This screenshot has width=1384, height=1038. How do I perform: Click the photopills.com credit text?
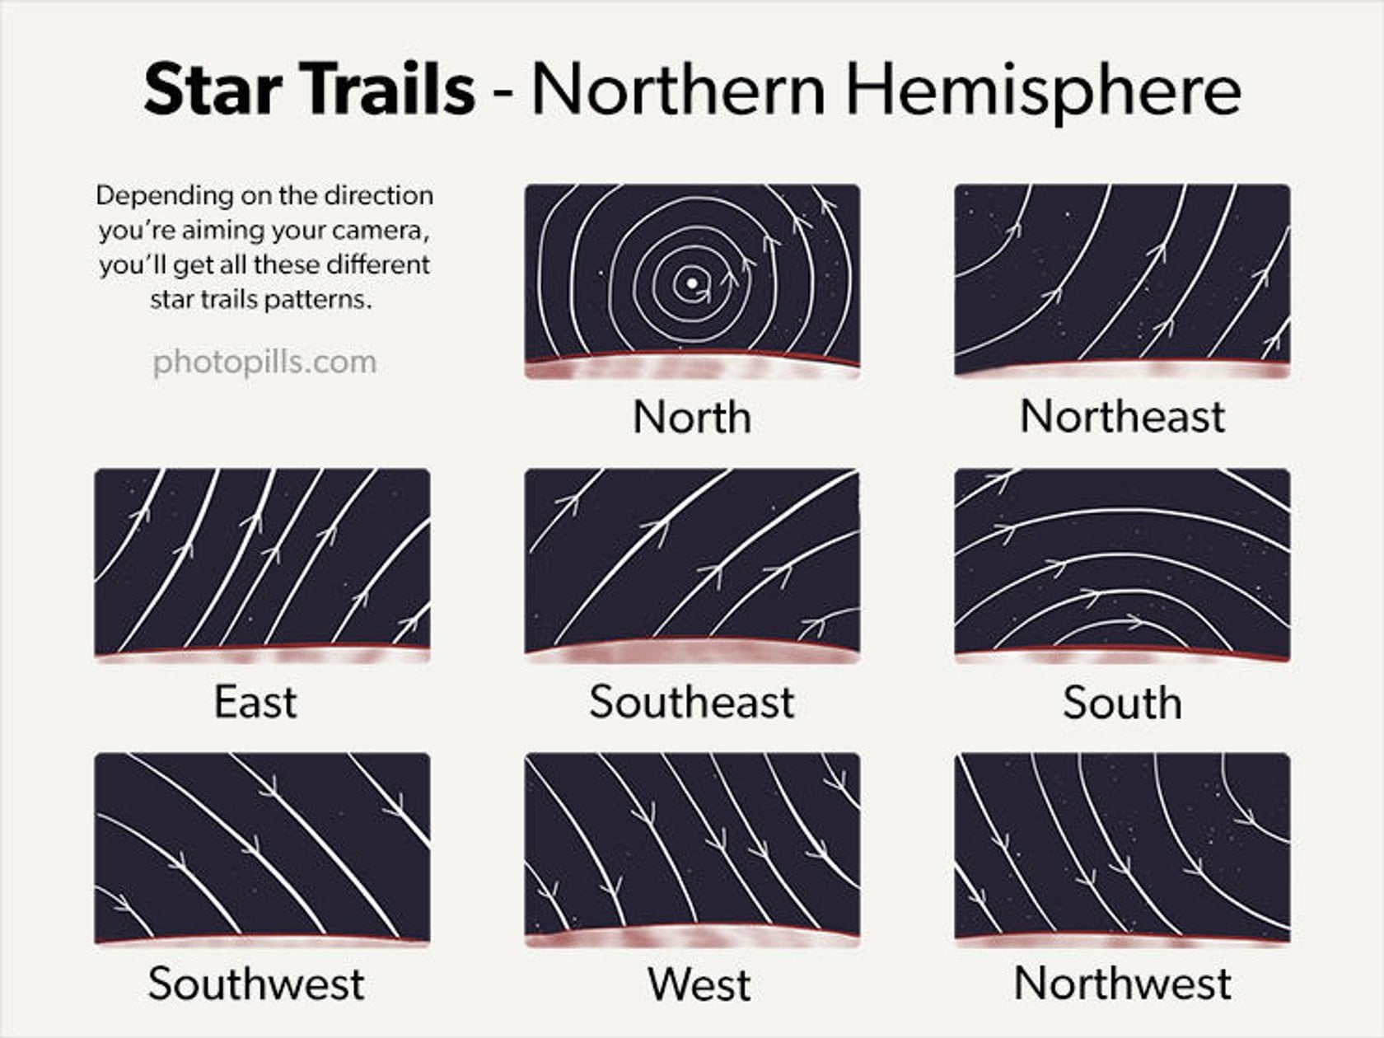click(x=264, y=362)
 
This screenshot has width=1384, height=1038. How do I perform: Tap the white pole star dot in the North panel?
click(x=693, y=283)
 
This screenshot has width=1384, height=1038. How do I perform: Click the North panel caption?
click(x=692, y=417)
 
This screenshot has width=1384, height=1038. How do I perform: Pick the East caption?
click(x=255, y=702)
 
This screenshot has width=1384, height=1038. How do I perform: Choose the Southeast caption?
click(x=692, y=702)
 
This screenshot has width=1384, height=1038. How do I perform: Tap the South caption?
click(x=1122, y=703)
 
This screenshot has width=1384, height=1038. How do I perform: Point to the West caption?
click(x=699, y=984)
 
